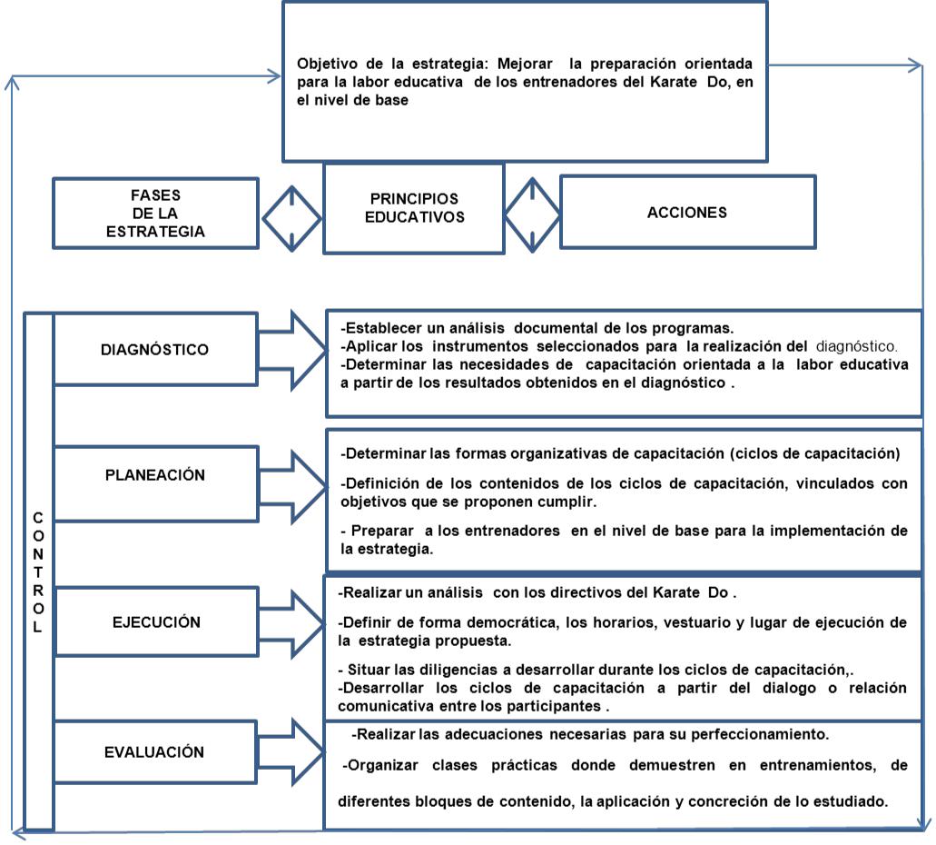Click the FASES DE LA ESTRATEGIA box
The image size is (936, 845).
tap(155, 213)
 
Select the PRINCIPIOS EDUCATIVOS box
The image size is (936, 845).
tap(413, 208)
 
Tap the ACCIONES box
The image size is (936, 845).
tap(686, 212)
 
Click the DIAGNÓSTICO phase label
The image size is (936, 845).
tap(155, 349)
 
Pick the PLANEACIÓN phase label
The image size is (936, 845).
tap(155, 474)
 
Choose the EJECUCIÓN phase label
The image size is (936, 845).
tap(155, 623)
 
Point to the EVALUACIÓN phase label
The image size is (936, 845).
tap(155, 752)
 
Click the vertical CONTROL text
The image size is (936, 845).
tap(37, 572)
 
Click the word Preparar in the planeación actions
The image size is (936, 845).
tap(378, 531)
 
